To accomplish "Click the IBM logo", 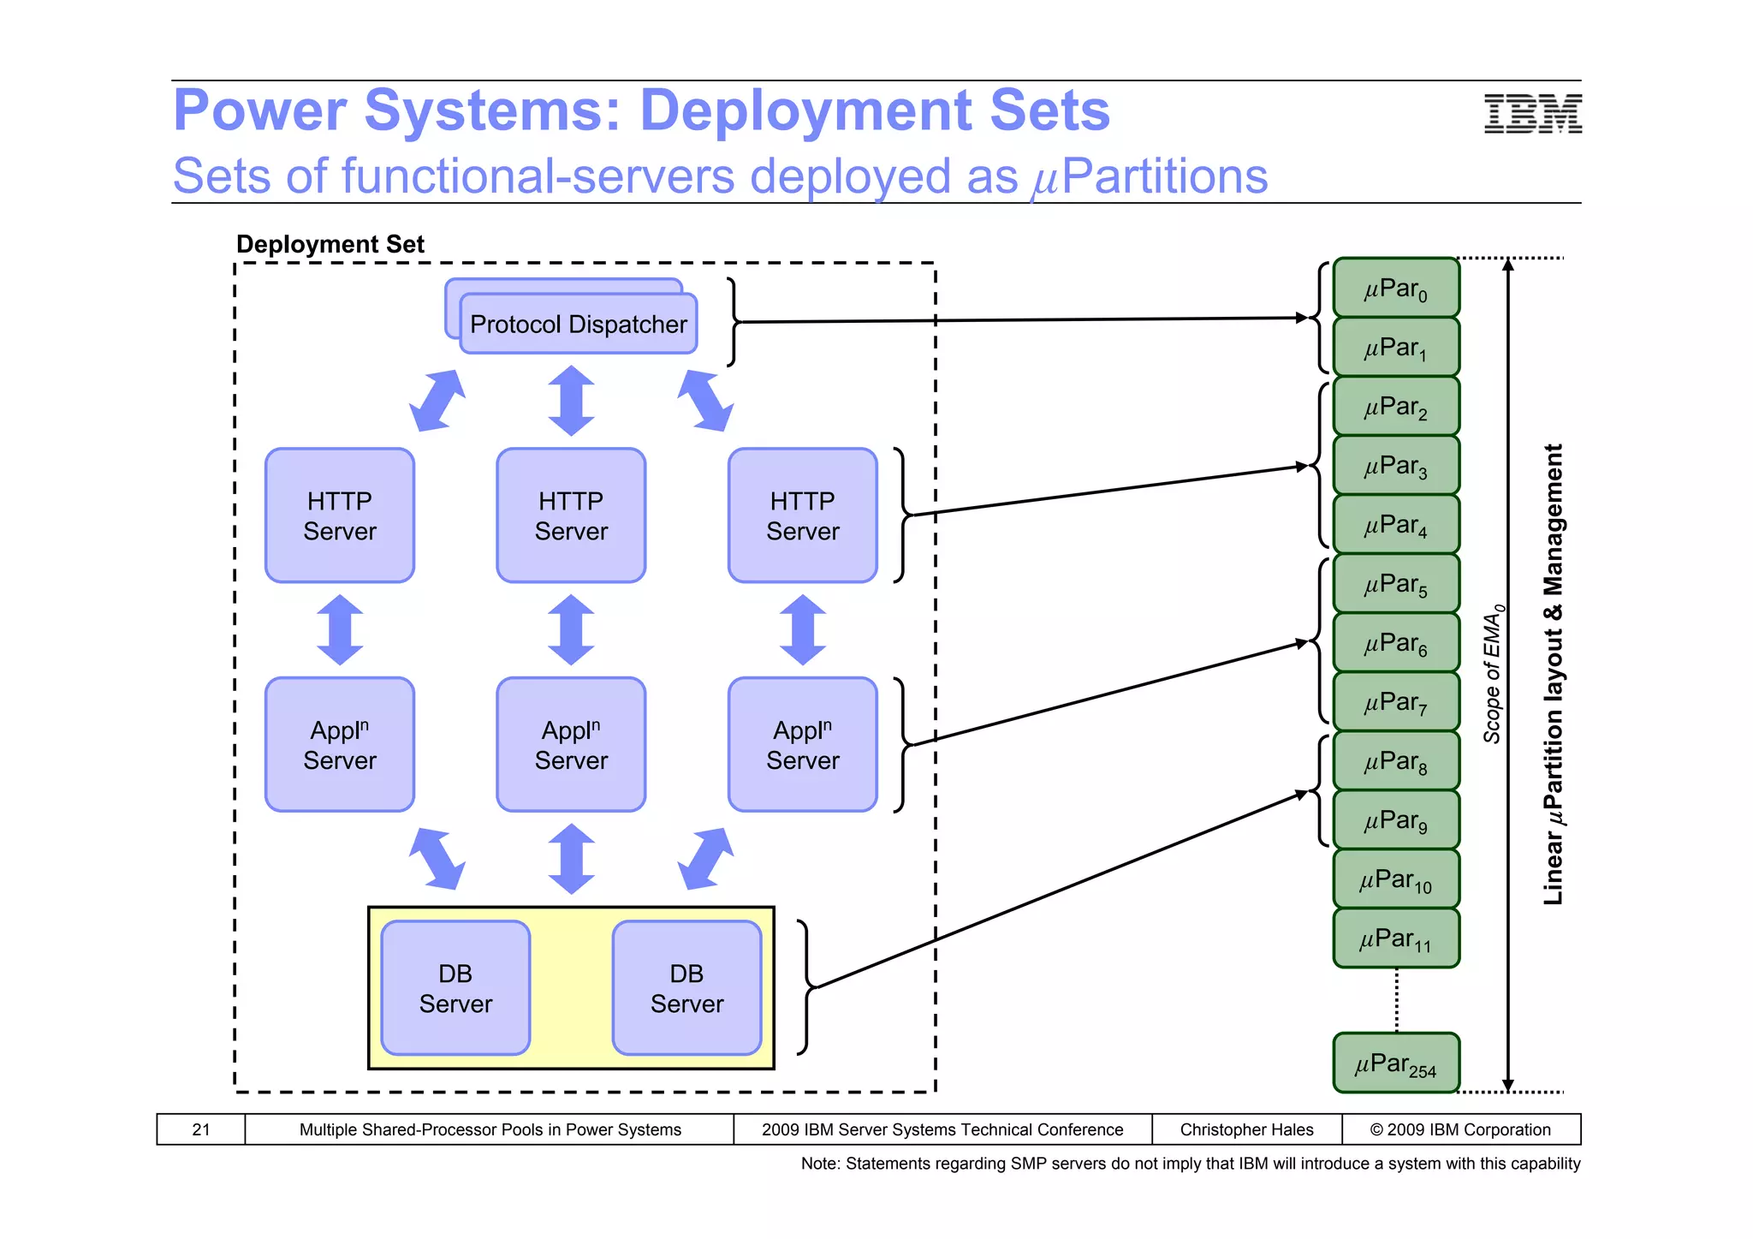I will pos(1532,114).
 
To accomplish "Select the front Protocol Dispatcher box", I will pos(578,325).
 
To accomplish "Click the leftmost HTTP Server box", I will pos(340,515).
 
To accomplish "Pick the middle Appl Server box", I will pos(571,745).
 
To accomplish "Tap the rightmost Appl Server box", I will pos(802,745).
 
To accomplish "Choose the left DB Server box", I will pos(455,988).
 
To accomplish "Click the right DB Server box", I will pos(686,988).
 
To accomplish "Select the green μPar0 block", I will pos(1395,289).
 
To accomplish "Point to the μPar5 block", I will pos(1395,584).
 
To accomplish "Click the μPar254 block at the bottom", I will pos(1395,1063).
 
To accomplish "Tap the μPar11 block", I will pos(1395,938).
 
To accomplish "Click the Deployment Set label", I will pos(330,244).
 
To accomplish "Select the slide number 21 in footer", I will pos(201,1129).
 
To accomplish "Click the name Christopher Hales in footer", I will pos(1246,1129).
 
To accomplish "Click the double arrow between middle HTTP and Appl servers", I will pos(571,630).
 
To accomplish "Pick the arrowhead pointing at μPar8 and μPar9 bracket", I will pos(1301,795).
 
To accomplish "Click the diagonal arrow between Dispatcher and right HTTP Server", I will pos(704,400).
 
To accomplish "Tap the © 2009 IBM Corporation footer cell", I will pos(1460,1129).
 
